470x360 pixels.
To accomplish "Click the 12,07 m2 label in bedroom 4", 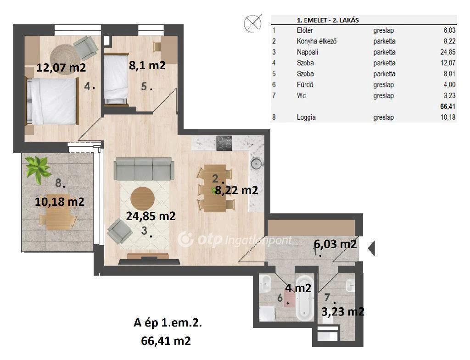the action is tap(61, 67).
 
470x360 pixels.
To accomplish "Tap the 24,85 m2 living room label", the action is tap(151, 216).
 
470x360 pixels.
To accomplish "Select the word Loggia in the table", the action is tap(306, 117).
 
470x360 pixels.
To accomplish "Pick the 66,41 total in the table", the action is tap(448, 106).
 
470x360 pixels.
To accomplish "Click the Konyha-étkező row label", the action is tap(317, 41).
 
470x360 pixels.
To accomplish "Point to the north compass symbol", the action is tap(253, 23).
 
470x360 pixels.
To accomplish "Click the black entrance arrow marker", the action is tap(371, 248).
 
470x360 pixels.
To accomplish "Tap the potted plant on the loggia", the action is tap(38, 169).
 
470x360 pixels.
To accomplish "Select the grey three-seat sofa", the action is tap(144, 169).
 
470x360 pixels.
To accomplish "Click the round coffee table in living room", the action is tap(142, 198).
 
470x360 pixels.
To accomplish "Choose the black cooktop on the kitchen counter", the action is tap(224, 143).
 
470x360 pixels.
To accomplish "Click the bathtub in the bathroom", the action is tap(305, 298).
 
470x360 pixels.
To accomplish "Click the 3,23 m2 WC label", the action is tap(343, 312).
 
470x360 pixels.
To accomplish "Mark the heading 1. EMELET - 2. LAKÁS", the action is tap(328, 20).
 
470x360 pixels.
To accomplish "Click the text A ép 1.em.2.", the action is tap(168, 323).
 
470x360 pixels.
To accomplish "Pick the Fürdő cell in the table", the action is tap(305, 85).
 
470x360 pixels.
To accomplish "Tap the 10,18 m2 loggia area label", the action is tap(60, 202).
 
